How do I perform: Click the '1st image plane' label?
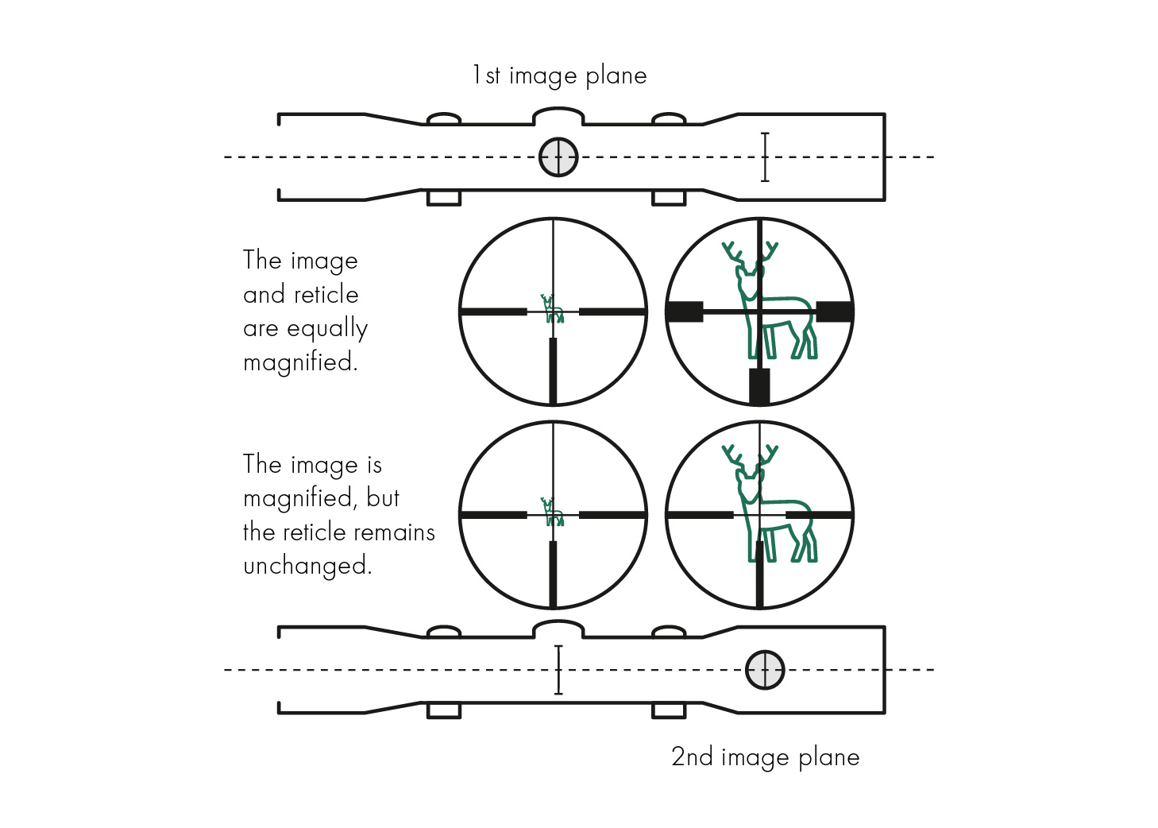tap(559, 75)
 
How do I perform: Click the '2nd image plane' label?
tap(765, 756)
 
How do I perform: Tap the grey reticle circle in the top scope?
tap(558, 157)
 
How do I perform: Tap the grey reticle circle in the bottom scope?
tap(765, 670)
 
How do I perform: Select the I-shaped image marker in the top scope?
tap(765, 157)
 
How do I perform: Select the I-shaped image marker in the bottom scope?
tap(558, 670)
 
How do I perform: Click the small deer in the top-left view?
tap(552, 309)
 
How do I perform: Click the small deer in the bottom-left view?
tap(552, 512)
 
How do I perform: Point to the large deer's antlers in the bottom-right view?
tap(750, 457)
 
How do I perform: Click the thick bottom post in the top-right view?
tap(759, 386)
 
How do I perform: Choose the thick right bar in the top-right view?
tap(834, 311)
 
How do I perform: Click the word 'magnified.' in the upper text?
tap(300, 362)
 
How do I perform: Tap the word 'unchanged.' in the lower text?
tap(307, 566)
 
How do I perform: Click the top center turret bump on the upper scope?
tap(558, 118)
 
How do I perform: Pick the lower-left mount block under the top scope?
tap(444, 198)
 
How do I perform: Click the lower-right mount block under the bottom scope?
tap(669, 710)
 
